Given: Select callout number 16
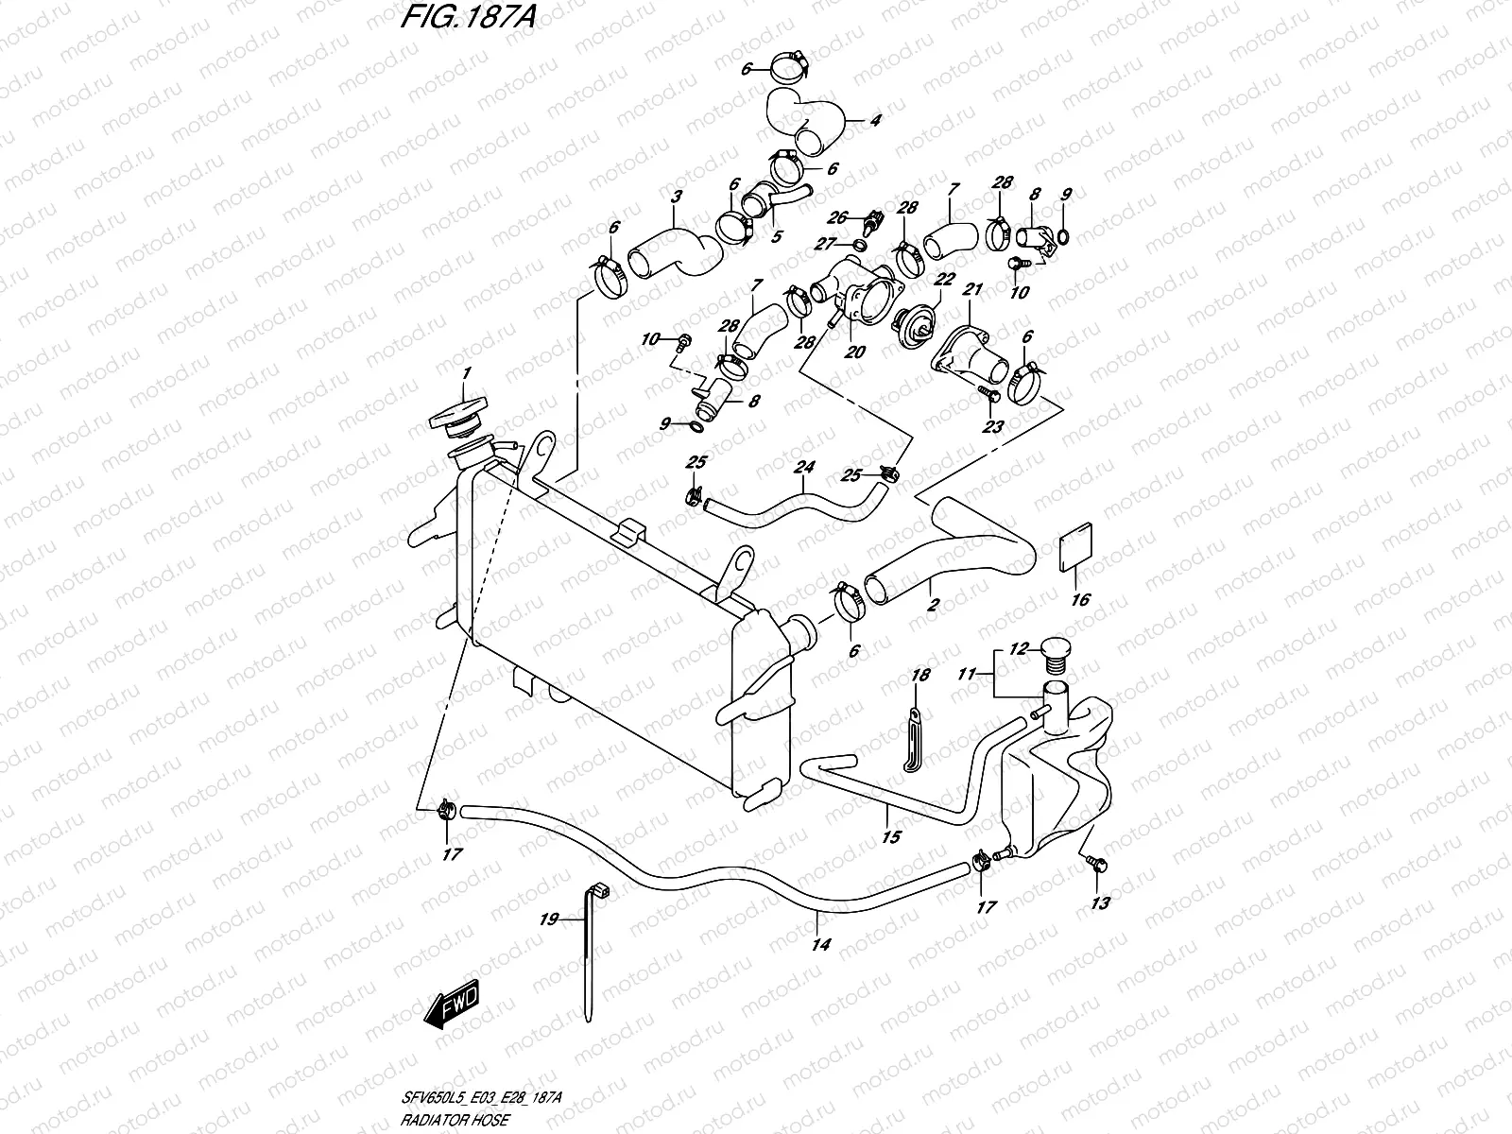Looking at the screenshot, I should pyautogui.click(x=1080, y=599).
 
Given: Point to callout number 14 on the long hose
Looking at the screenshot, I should pyautogui.click(x=820, y=943).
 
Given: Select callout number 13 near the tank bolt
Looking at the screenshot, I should pyautogui.click(x=1099, y=902).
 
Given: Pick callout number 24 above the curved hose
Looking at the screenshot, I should pyautogui.click(x=804, y=467).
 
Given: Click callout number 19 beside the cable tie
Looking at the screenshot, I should pyautogui.click(x=548, y=918).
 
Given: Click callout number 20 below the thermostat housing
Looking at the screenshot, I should pyautogui.click(x=856, y=351).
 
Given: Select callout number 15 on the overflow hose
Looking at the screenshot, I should pyautogui.click(x=890, y=835).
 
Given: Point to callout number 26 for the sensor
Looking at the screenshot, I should pyautogui.click(x=838, y=218).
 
